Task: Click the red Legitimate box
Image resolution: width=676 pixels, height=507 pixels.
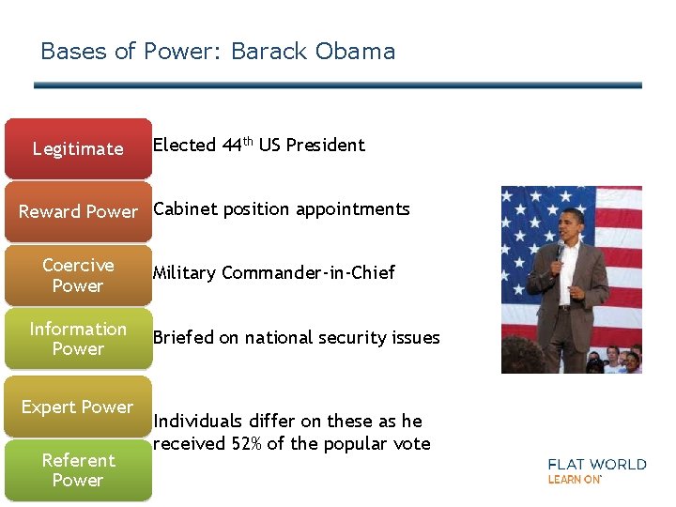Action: tap(78, 148)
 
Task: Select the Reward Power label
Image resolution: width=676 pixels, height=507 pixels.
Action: tap(78, 211)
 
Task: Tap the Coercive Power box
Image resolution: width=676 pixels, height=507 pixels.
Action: tap(78, 275)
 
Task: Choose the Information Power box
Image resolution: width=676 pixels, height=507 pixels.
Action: tap(78, 338)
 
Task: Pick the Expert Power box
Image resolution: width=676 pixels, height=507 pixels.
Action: tap(78, 407)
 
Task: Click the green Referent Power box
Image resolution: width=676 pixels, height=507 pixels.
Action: tap(78, 469)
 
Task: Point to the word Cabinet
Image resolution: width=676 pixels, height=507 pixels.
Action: tap(182, 209)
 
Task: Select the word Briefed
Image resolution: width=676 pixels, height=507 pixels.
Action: tap(183, 338)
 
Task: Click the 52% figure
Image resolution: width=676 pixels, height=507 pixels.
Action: tap(247, 444)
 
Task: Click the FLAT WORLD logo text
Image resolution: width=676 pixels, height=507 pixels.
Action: tap(597, 464)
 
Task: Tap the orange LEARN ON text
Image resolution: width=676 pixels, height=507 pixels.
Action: tap(574, 480)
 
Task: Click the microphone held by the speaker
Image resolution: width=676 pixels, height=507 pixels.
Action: tap(561, 249)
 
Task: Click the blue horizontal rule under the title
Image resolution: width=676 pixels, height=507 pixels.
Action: tap(338, 85)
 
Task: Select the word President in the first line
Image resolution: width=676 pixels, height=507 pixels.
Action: tap(325, 145)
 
